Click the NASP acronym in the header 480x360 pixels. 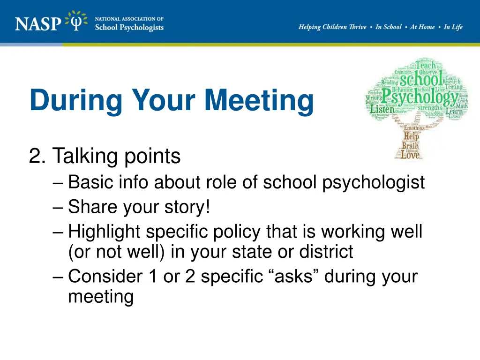pos(38,22)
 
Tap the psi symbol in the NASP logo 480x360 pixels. pos(76,21)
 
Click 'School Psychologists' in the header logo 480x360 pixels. pos(129,27)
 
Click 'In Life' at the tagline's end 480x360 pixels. pos(453,27)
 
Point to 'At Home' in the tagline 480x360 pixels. pos(422,27)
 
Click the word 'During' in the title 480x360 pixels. pos(75,100)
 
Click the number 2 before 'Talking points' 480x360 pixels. pos(36,156)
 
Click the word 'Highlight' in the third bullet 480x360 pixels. pos(104,231)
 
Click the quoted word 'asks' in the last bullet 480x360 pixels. pos(295,276)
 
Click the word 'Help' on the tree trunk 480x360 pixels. pos(412,136)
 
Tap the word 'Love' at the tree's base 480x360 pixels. pos(410,154)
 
